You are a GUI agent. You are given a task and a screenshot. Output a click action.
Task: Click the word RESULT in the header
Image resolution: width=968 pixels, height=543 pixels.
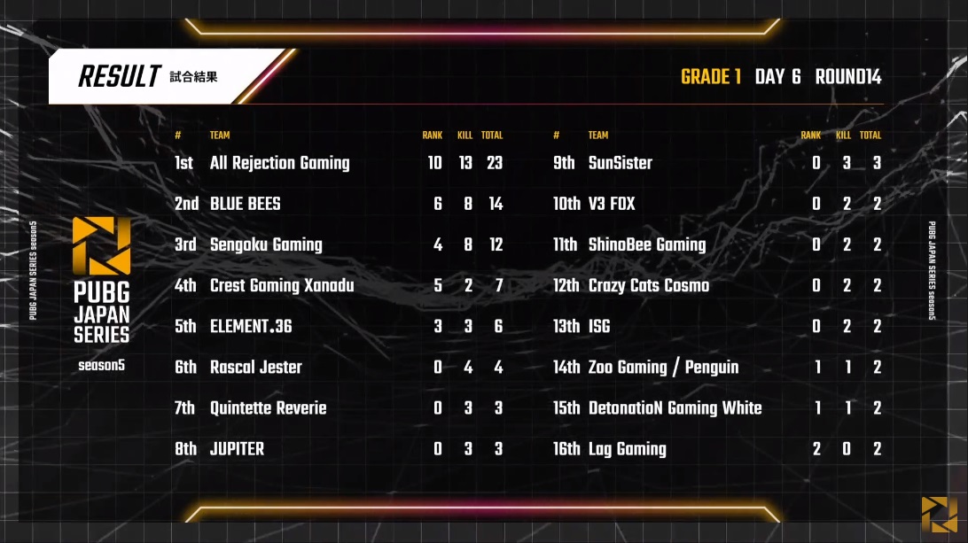pyautogui.click(x=120, y=76)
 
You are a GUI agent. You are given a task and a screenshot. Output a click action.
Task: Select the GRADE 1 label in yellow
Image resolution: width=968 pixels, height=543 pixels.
pyautogui.click(x=711, y=76)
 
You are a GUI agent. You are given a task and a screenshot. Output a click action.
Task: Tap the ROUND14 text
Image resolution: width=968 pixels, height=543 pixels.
pyautogui.click(x=848, y=76)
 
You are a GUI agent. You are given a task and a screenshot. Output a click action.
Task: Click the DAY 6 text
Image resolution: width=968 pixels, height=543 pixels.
pyautogui.click(x=778, y=76)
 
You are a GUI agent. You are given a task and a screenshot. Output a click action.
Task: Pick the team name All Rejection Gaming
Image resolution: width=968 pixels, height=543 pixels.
pyautogui.click(x=279, y=163)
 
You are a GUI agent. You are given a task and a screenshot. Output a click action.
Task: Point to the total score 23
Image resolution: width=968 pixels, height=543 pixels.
pyautogui.click(x=495, y=163)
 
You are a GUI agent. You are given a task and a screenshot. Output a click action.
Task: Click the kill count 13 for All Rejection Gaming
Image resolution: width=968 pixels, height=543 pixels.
pyautogui.click(x=465, y=163)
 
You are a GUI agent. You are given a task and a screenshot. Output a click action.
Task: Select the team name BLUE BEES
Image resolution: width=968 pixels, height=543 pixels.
pyautogui.click(x=245, y=204)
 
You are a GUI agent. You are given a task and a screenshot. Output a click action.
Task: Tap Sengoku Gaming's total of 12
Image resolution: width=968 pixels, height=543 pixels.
pyautogui.click(x=496, y=244)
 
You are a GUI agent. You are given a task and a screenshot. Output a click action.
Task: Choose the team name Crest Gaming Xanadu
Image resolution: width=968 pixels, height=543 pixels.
pyautogui.click(x=282, y=286)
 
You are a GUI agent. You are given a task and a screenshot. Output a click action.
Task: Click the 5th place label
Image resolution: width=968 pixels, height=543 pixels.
pyautogui.click(x=185, y=326)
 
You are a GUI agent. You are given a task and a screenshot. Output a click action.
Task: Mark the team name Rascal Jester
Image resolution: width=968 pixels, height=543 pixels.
pyautogui.click(x=256, y=367)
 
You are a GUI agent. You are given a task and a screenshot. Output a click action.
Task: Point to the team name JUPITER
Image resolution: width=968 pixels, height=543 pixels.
pyautogui.click(x=237, y=448)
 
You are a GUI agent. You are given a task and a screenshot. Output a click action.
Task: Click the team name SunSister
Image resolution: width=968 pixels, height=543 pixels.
pyautogui.click(x=621, y=163)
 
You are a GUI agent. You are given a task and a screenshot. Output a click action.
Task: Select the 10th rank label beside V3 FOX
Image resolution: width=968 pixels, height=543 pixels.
pyautogui.click(x=566, y=204)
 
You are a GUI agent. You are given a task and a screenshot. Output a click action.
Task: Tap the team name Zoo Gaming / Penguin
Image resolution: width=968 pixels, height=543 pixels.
pyautogui.click(x=664, y=367)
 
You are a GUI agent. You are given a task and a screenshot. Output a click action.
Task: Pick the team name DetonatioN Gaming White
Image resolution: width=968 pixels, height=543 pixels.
pyautogui.click(x=675, y=407)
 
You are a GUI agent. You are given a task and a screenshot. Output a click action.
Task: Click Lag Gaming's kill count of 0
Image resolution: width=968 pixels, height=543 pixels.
pyautogui.click(x=847, y=448)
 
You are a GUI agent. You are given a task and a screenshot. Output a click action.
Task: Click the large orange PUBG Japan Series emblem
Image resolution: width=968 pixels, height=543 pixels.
pyautogui.click(x=101, y=245)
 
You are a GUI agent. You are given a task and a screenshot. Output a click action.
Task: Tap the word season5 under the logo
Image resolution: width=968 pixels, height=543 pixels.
pyautogui.click(x=101, y=365)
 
